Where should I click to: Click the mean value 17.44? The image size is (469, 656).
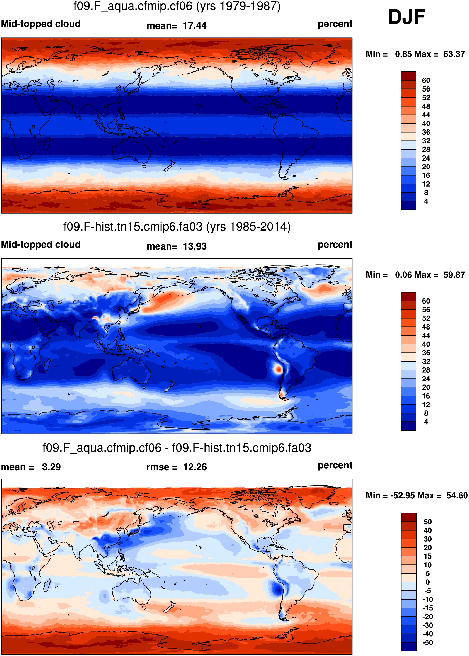195,26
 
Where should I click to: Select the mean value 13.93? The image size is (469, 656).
195,246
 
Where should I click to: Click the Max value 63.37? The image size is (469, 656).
454,54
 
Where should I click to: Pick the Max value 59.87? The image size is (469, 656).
454,275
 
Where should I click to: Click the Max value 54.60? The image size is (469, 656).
457,495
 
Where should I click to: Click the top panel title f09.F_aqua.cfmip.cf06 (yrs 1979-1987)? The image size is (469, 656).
177,6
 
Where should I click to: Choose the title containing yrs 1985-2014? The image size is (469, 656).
177,227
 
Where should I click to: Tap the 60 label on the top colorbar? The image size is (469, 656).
426,80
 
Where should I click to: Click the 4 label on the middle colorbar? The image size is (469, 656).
426,422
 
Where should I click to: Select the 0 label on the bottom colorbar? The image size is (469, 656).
428,582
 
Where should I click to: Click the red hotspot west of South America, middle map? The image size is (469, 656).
278,369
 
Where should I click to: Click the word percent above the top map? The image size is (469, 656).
335,24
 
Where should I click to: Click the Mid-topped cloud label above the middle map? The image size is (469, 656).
41,244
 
